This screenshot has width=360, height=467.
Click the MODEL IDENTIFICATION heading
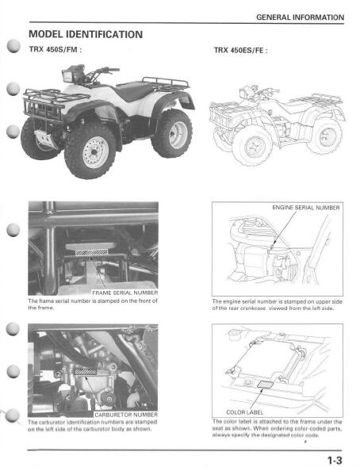(85, 34)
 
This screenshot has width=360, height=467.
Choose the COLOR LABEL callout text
(245, 412)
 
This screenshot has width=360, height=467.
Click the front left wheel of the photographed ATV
(90, 150)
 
